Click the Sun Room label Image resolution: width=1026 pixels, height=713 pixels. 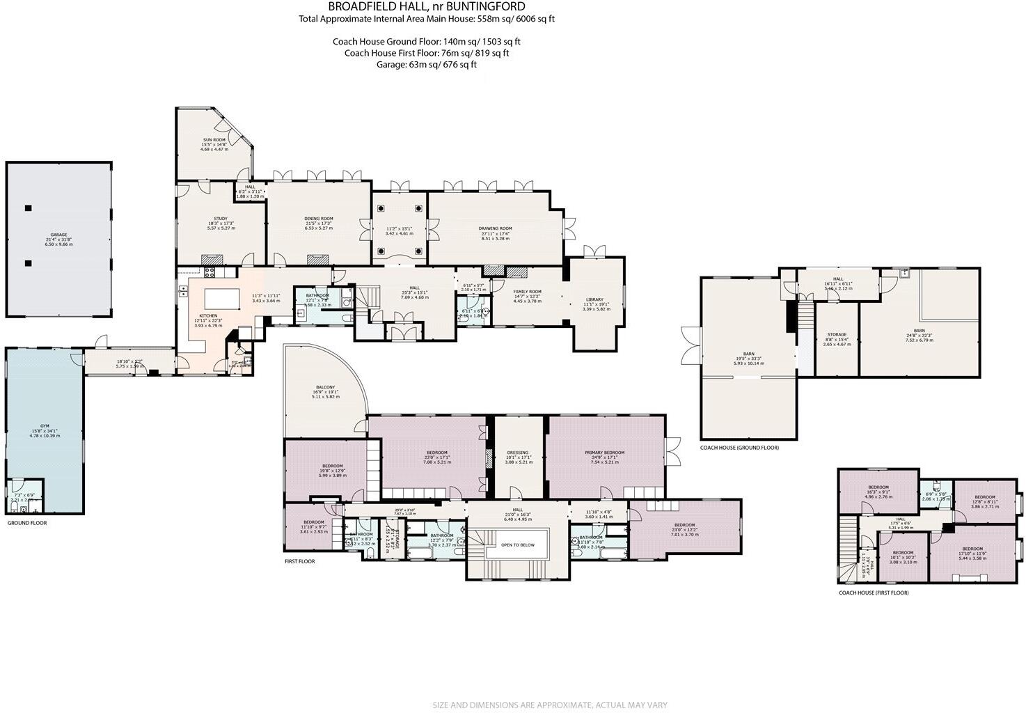(x=214, y=139)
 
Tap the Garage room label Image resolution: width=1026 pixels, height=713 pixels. (x=58, y=235)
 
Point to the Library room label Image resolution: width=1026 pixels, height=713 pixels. (x=594, y=299)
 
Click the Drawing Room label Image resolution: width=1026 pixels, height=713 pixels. (x=495, y=228)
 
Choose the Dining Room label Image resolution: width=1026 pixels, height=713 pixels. (x=318, y=219)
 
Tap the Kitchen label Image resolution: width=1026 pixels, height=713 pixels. (x=207, y=315)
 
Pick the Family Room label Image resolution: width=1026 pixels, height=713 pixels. (x=527, y=292)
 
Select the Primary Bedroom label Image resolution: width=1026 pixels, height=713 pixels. (x=604, y=453)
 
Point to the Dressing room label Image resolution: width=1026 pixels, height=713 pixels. (x=518, y=453)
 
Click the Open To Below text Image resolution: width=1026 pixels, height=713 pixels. (x=518, y=545)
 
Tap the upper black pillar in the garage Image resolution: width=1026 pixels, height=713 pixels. (x=28, y=207)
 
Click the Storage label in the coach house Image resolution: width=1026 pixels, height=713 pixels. (x=837, y=334)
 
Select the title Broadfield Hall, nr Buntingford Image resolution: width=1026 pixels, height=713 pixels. (x=426, y=6)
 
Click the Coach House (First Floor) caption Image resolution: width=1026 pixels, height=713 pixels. (x=873, y=593)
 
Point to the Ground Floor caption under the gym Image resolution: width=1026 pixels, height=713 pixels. (x=27, y=522)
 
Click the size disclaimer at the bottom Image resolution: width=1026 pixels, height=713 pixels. (x=550, y=705)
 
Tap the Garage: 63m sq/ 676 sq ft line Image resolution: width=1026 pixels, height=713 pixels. (x=426, y=64)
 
